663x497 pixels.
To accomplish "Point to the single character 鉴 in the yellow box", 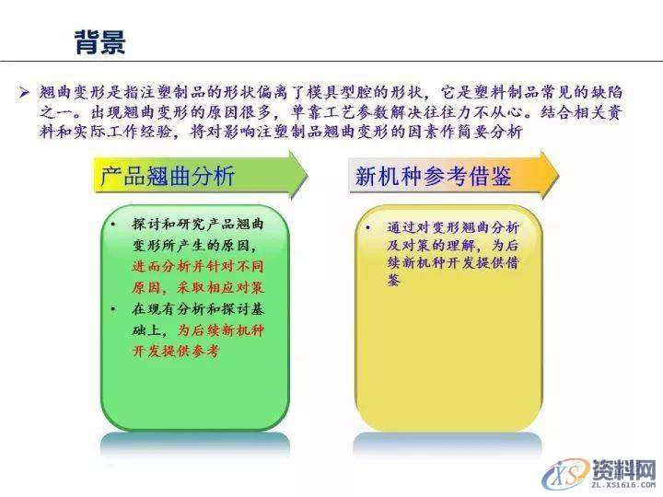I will click(x=394, y=282).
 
